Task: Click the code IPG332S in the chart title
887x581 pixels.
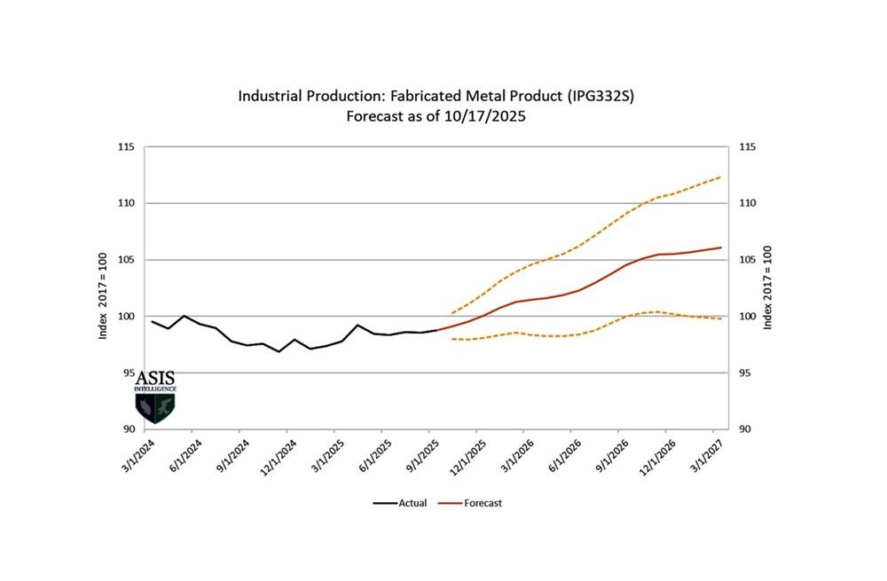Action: coord(603,95)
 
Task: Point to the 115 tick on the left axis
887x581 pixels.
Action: coord(125,146)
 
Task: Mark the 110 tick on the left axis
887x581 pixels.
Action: coord(125,203)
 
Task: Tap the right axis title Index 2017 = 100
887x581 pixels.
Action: coord(769,288)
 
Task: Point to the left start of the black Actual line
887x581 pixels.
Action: coord(152,322)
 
